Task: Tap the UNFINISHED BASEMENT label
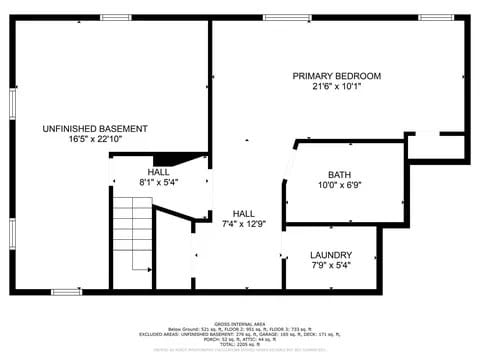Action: click(95, 129)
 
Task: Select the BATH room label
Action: click(339, 174)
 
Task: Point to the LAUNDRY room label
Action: click(330, 255)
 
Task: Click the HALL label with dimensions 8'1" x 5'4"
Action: click(158, 172)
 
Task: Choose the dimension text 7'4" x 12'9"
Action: click(243, 224)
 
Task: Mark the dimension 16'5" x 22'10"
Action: click(95, 140)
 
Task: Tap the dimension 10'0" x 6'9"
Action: click(339, 185)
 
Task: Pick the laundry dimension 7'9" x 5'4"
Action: click(330, 266)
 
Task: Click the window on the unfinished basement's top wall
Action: click(116, 17)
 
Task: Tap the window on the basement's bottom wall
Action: click(66, 292)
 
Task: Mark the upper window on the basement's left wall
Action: click(12, 101)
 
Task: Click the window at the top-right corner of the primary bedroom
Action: click(435, 17)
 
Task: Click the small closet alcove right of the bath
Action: click(436, 147)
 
